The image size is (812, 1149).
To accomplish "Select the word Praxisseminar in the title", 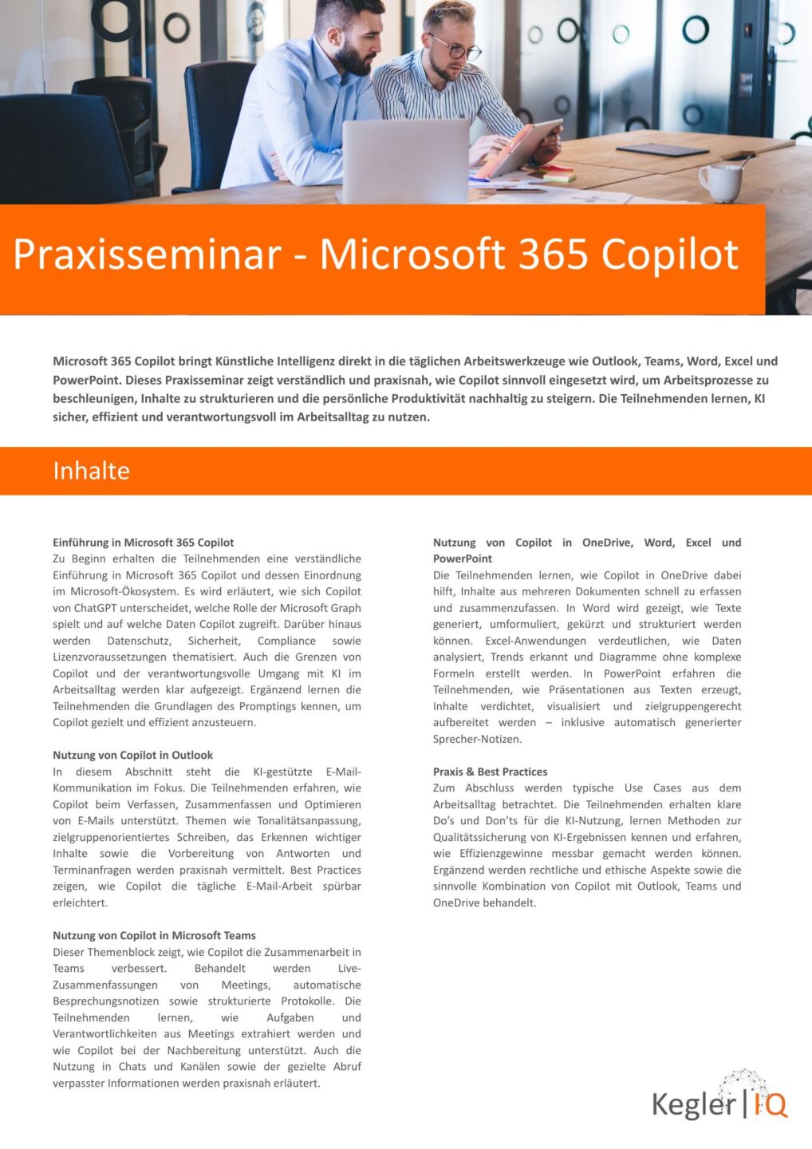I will coord(148,255).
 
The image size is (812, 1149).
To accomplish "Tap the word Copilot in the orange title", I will coord(670,255).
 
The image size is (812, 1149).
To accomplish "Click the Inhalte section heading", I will coord(91,471).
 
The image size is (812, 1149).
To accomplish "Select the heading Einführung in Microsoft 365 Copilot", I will coord(144,543).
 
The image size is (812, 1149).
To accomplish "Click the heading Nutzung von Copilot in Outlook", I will coord(133,755).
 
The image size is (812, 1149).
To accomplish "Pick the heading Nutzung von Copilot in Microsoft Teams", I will coord(154,935).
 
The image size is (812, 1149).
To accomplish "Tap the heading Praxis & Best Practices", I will coord(490,772).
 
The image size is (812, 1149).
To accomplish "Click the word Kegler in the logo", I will coord(693,1104).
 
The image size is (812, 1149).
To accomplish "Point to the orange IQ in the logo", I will coord(771,1104).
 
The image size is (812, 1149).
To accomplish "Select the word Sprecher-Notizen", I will coord(477,739).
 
